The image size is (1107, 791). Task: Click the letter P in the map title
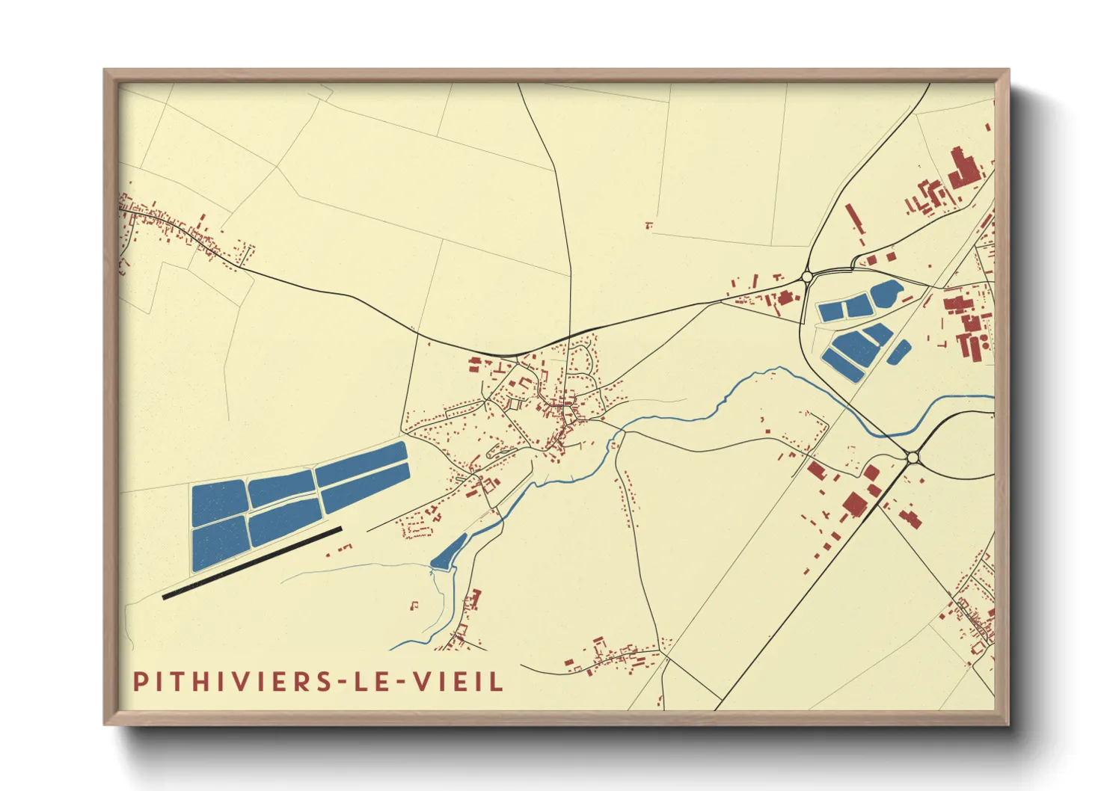(x=140, y=681)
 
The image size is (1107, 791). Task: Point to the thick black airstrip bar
(x=252, y=562)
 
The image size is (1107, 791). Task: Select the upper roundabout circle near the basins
(x=807, y=277)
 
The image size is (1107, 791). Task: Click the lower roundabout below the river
(x=912, y=457)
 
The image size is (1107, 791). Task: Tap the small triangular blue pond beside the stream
(x=448, y=553)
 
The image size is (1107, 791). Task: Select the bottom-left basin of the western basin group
(x=219, y=544)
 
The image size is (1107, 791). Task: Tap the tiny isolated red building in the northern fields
(x=648, y=224)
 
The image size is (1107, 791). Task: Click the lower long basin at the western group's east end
(x=366, y=487)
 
